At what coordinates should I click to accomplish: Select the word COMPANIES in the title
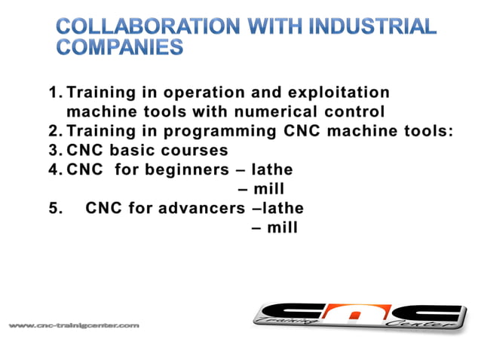[x=120, y=47]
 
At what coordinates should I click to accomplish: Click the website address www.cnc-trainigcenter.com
[x=74, y=325]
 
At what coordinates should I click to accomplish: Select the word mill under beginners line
[x=269, y=188]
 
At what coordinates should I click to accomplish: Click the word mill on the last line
[x=282, y=226]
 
